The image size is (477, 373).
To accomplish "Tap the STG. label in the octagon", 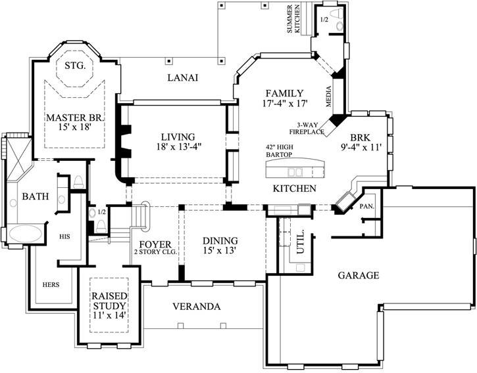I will pyautogui.click(x=76, y=65).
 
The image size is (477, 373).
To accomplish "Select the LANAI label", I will pyautogui.click(x=183, y=78).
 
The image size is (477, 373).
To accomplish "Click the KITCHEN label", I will pyautogui.click(x=295, y=188).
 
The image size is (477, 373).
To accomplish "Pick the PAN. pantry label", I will pyautogui.click(x=367, y=206).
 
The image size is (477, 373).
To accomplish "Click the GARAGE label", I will pyautogui.click(x=359, y=276).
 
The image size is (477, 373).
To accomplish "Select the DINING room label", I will pyautogui.click(x=220, y=246).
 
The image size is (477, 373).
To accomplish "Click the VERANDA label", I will pyautogui.click(x=197, y=307).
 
